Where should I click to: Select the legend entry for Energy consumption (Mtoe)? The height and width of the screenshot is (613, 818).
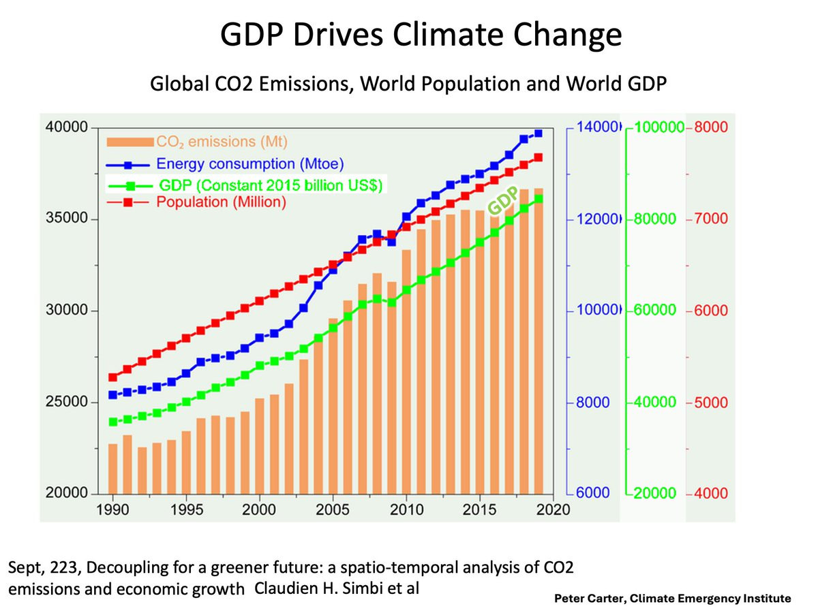coord(249,163)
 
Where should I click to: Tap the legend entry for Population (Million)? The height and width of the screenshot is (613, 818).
coord(221,202)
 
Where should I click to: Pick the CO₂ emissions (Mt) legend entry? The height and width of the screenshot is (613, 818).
coord(222,142)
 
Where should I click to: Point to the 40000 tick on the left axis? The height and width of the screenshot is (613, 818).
coord(66,127)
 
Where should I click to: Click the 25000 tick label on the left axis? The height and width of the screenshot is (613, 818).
coord(66,403)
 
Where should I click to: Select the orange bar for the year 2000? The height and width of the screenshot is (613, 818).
coord(260,446)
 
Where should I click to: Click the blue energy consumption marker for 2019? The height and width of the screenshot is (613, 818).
coord(538,133)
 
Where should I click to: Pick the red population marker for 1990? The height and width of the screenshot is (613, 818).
coord(112,377)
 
